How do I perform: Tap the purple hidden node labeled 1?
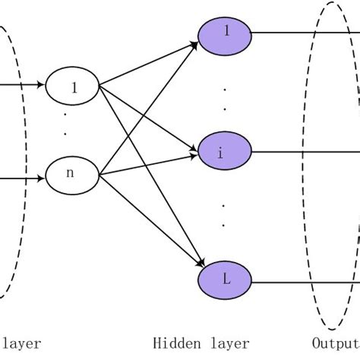point(225,33)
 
